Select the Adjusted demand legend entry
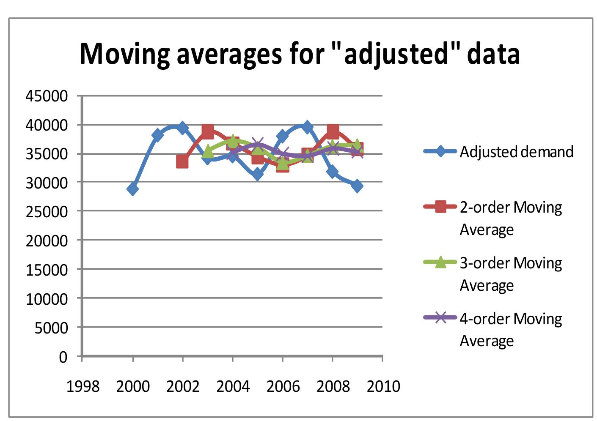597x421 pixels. click(x=516, y=151)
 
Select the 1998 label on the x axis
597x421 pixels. click(x=83, y=386)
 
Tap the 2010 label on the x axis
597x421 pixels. click(x=383, y=386)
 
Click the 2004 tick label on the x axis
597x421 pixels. click(x=233, y=386)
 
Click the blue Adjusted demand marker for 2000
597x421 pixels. click(x=132, y=189)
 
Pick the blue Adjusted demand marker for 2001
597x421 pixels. click(x=157, y=135)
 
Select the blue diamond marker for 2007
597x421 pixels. click(x=307, y=127)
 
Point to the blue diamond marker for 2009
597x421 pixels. click(x=358, y=186)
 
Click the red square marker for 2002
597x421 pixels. click(x=182, y=161)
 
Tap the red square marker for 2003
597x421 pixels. click(x=207, y=131)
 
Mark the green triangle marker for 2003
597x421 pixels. click(x=207, y=151)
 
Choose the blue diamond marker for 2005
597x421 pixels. click(x=257, y=174)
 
